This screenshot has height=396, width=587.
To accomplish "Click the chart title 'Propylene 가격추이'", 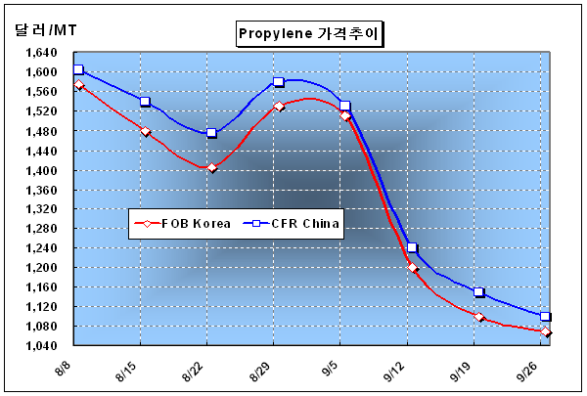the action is coord(309,33).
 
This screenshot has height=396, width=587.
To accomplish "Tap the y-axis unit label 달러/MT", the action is coord(46,29).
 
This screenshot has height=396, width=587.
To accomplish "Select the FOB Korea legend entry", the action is coord(182,224).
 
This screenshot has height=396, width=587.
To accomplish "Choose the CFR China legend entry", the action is coord(291,224).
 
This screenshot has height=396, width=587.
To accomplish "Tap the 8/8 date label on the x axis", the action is coord(64,370).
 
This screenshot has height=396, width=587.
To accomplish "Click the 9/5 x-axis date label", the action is coord(331,370).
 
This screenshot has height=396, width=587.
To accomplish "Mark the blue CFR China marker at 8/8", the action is coord(78,69).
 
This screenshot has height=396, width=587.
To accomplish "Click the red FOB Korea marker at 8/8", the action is coord(78,85).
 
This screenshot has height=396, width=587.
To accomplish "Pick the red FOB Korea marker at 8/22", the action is coord(212,167).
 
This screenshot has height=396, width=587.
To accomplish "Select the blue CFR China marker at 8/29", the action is coord(278,81).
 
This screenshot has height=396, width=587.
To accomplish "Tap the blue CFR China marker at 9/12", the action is coord(412,247).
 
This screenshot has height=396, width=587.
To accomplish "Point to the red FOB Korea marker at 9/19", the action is coord(478,317).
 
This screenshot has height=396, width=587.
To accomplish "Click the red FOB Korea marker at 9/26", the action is coord(546,331).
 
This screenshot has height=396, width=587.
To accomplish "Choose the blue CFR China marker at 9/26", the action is coord(545,316).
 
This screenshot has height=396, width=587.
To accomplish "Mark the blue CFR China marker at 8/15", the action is coord(145,101).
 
